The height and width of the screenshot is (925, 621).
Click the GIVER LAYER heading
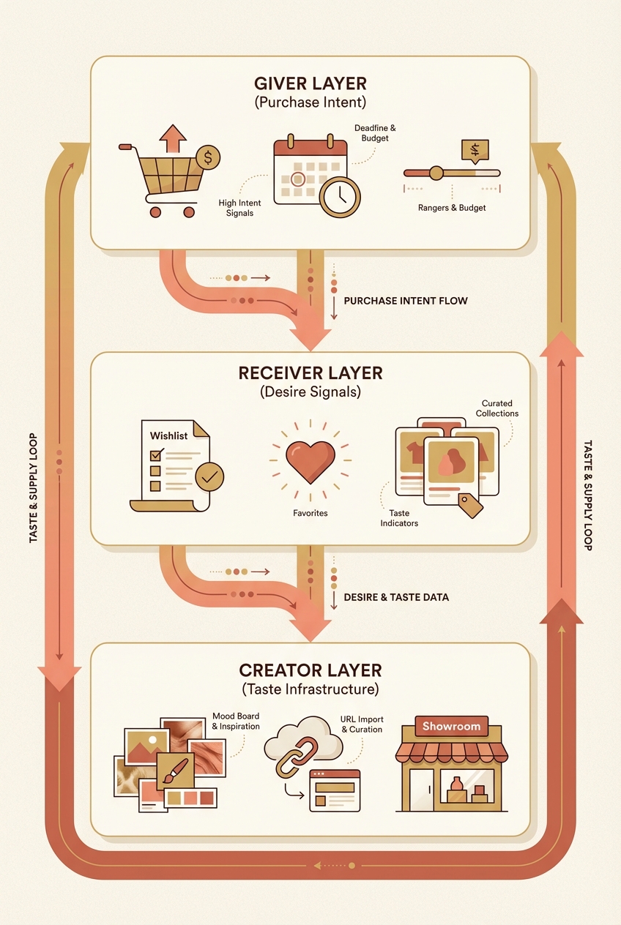pos(310,84)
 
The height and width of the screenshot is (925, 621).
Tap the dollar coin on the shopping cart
pos(208,157)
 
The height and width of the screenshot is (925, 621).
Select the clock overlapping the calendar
pos(340,197)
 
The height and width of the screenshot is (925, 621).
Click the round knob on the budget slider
pos(436,173)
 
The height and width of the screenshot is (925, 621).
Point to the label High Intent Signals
pos(239,208)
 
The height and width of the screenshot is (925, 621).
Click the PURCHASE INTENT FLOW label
pos(406,301)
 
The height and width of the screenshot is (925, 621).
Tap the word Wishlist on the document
pos(168,435)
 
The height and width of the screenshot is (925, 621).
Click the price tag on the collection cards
pos(470,506)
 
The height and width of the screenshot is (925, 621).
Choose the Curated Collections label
pos(497,408)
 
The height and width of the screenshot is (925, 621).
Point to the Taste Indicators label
pos(399,518)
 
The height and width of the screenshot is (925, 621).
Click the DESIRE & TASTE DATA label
pos(396,597)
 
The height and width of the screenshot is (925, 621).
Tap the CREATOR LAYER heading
pos(310,670)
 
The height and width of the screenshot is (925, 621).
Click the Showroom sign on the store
pos(452,726)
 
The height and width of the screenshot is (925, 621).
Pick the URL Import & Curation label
pos(362,724)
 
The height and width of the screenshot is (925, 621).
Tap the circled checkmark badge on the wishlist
pos(209,476)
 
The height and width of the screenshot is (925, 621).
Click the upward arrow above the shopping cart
pos(173,138)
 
